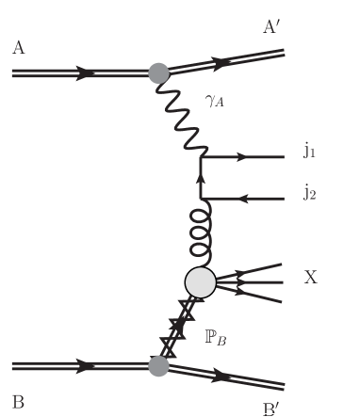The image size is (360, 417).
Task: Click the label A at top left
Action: pos(19,47)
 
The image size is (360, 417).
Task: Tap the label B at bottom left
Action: pos(19,399)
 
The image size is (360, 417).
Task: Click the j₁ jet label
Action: pos(310,149)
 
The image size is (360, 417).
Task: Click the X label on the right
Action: pos(311,278)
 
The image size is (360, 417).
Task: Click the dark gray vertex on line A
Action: pos(159,72)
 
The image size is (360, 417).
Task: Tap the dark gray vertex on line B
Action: pos(159,364)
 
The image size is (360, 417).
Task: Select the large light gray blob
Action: pos(200,281)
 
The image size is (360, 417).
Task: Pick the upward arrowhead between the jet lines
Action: pos(200,176)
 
